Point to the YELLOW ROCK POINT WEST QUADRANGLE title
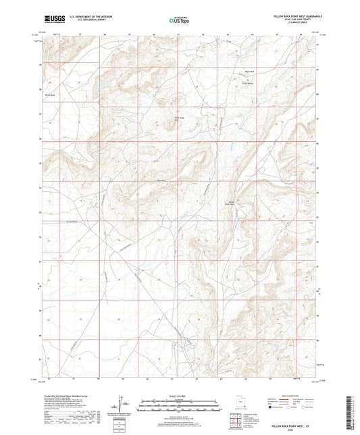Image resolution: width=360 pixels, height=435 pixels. (x=297, y=15)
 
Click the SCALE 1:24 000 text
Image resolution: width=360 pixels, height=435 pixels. (x=180, y=396)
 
